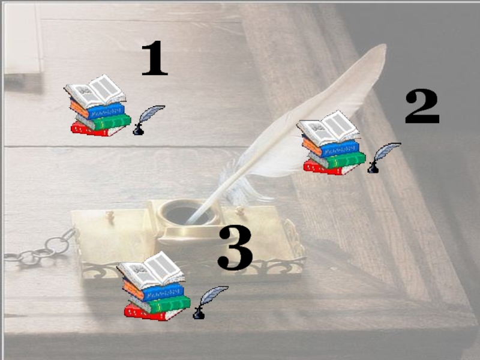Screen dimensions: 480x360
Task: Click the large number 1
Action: pos(155,58)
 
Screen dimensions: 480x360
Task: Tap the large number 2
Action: pos(422,106)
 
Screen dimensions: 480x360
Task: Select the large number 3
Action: pos(235,247)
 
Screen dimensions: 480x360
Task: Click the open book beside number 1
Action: pos(95,91)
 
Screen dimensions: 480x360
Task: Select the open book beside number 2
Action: pos(329,128)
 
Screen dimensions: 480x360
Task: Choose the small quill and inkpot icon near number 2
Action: pos(383,158)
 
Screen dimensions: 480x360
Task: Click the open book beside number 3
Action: pos(151,270)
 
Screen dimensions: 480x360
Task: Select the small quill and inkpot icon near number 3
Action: pos(210,302)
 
